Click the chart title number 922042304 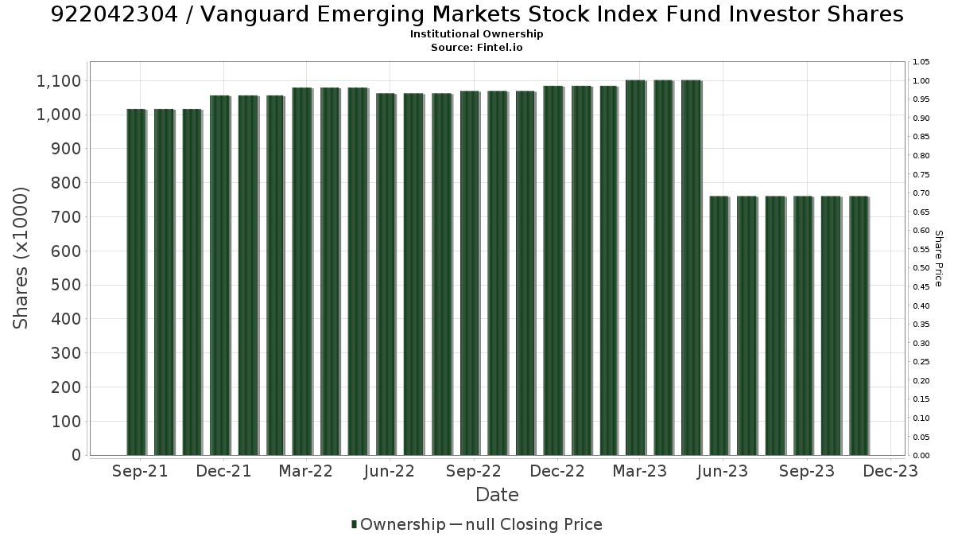pos(114,14)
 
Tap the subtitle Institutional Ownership pos(476,34)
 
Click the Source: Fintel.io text pos(476,47)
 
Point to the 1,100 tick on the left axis pos(59,81)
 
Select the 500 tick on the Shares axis pos(66,285)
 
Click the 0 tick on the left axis pos(76,455)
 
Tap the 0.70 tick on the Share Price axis pos(921,193)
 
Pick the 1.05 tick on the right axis pos(921,62)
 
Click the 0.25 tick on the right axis pos(921,362)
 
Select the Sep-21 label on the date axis pos(140,471)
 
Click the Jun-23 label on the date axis pos(723,471)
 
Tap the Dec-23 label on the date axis pos(890,471)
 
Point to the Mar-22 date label pos(306,471)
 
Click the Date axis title pos(497,495)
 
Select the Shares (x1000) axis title pos(20,259)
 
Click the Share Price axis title pos(938,259)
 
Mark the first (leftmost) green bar pos(136,282)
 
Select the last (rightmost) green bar pos(859,325)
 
